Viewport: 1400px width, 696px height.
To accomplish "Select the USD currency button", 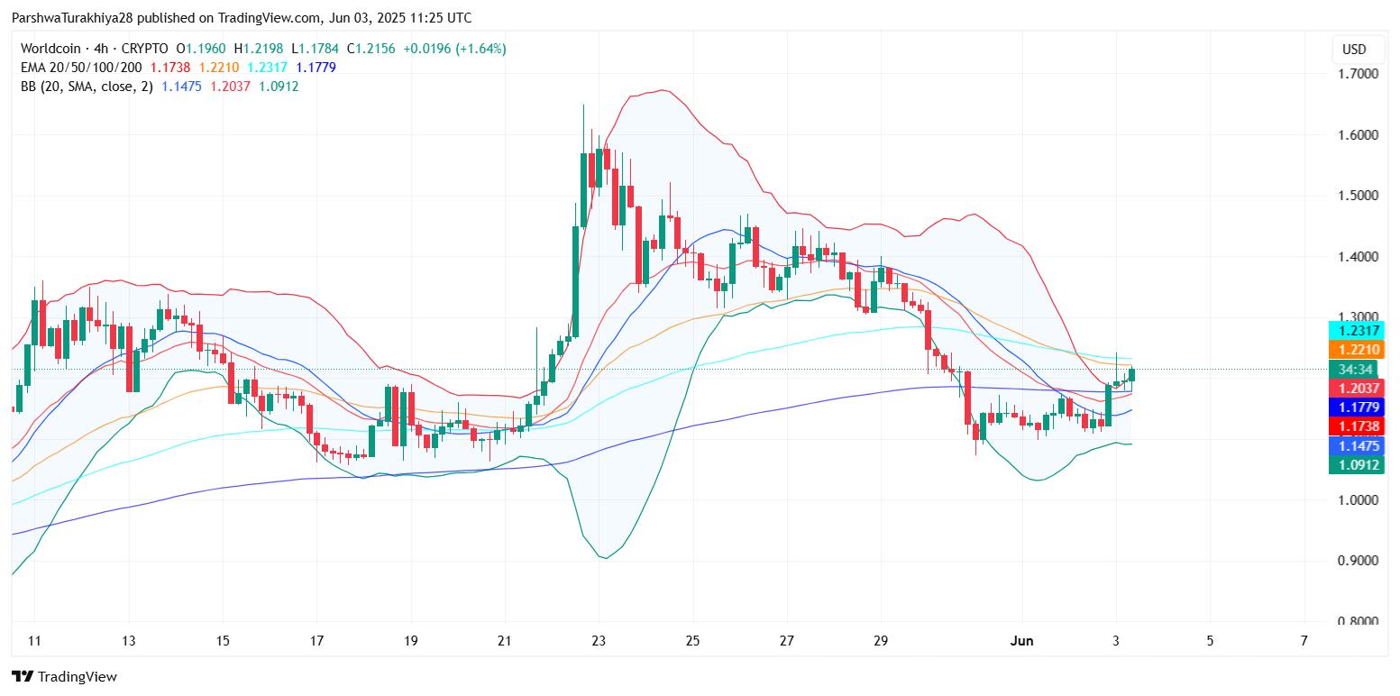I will (x=1354, y=50).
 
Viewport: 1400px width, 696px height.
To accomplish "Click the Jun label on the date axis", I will (x=1021, y=641).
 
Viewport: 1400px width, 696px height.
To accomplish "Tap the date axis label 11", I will (x=34, y=641).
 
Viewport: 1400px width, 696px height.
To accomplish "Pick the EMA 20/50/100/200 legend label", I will (x=81, y=68).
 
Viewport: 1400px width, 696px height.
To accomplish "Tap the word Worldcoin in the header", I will (x=49, y=49).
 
